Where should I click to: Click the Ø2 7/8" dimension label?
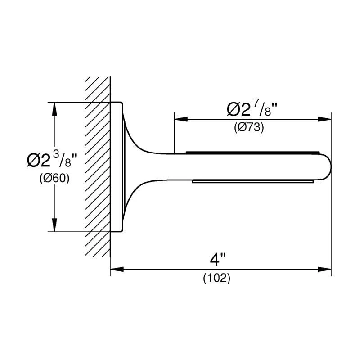coord(252,109)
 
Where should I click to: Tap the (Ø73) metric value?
coord(249,127)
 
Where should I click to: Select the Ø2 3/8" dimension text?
coord(52,160)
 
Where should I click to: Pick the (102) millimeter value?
coord(216,278)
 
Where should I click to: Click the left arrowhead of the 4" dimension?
coord(117,269)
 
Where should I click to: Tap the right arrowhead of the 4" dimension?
coord(324,269)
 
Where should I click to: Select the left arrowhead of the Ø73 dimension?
coord(181,119)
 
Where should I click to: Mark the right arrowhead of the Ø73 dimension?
coord(324,119)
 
